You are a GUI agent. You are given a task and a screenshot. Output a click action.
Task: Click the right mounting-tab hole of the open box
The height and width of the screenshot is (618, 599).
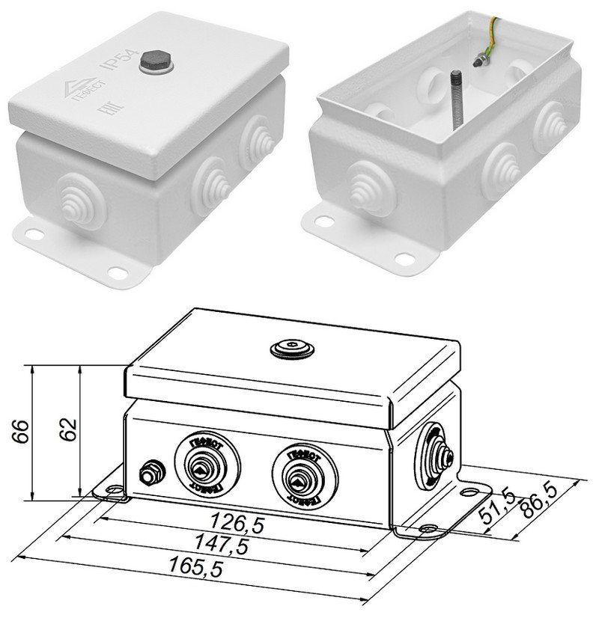[x=405, y=258]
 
